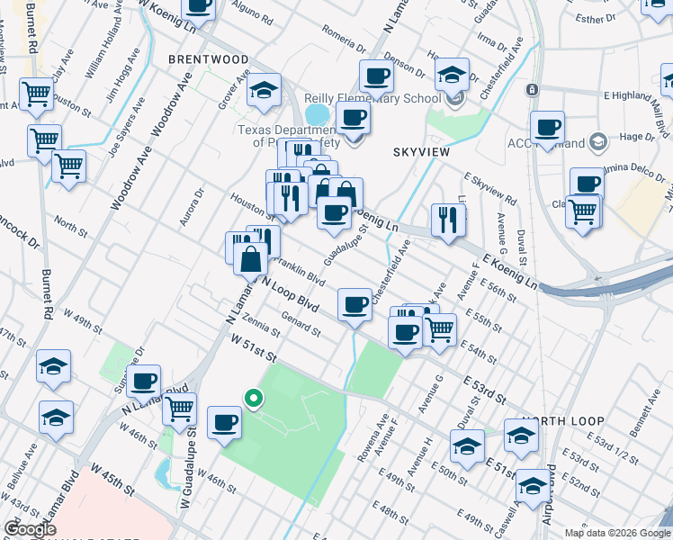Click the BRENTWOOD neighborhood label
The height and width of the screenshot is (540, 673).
(208, 59)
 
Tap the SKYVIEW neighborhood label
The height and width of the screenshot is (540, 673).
(421, 153)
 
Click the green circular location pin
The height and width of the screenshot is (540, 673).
(255, 397)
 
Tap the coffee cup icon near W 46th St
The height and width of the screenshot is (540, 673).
(224, 421)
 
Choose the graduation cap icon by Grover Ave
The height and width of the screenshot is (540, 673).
(263, 90)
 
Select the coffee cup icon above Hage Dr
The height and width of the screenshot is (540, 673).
(547, 127)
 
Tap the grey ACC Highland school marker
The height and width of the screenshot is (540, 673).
(597, 142)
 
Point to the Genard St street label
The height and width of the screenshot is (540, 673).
(301, 326)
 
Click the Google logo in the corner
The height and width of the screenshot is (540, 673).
(31, 530)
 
